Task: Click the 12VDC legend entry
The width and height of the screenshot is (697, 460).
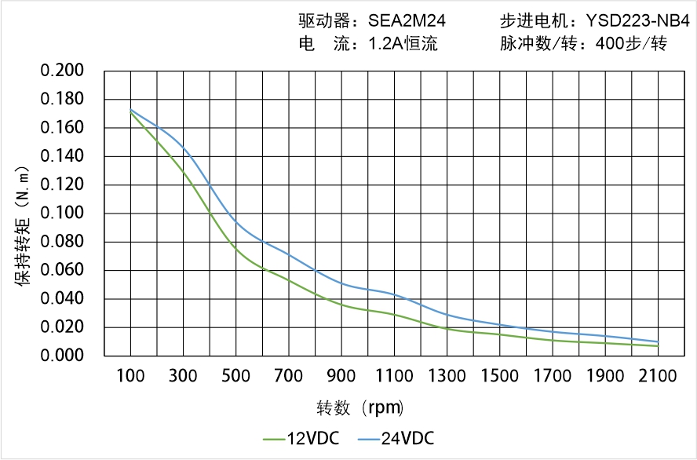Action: click(x=303, y=438)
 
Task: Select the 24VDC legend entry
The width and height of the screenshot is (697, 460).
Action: click(x=396, y=438)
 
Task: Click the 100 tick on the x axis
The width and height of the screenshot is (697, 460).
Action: click(x=130, y=376)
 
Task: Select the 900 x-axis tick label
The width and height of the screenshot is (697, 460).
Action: click(x=341, y=376)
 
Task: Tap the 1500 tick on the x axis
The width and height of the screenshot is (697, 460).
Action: click(x=499, y=376)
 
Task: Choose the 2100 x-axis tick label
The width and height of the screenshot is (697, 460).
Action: click(x=658, y=376)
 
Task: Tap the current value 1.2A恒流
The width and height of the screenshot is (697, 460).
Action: click(x=403, y=44)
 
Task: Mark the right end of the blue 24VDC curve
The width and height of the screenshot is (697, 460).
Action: click(x=658, y=341)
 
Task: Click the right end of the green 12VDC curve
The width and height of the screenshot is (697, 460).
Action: click(x=658, y=345)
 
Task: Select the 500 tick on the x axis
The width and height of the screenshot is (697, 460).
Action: click(x=235, y=376)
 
